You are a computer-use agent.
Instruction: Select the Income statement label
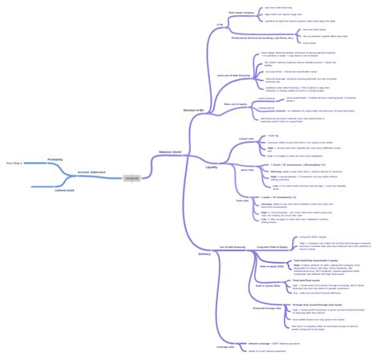click(x=91, y=172)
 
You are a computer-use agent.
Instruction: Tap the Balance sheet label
click(x=170, y=151)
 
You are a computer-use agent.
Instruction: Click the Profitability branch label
click(x=55, y=160)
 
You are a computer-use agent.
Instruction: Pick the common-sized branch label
click(x=65, y=190)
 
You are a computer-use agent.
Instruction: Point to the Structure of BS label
click(x=193, y=109)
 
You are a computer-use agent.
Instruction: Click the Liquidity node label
click(x=212, y=167)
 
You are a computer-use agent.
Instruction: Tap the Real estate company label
click(x=241, y=13)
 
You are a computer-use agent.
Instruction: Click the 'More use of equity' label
click(x=235, y=103)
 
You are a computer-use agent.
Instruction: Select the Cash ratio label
click(x=242, y=200)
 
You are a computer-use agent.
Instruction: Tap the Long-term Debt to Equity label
click(x=273, y=247)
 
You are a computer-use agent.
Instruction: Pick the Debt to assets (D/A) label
click(x=267, y=285)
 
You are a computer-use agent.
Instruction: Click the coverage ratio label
click(x=226, y=346)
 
